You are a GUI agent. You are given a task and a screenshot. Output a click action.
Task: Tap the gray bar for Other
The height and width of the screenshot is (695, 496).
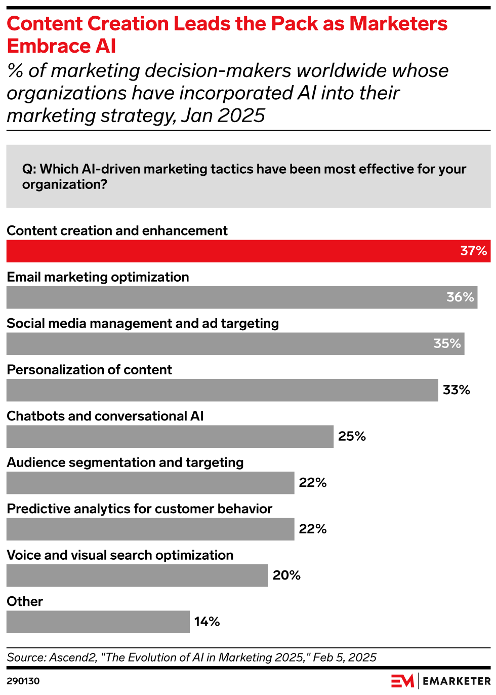(98, 622)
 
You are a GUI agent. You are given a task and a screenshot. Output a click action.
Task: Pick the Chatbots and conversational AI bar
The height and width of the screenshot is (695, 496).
(170, 436)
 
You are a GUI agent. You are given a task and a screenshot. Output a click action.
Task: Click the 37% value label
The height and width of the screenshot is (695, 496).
(473, 251)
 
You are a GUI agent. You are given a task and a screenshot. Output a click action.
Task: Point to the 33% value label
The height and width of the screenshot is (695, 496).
(456, 390)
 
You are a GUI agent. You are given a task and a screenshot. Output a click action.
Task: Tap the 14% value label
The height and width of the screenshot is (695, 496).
(207, 622)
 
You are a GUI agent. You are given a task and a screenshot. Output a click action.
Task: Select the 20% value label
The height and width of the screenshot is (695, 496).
(286, 575)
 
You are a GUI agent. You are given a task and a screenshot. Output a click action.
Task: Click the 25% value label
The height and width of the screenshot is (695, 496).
(352, 436)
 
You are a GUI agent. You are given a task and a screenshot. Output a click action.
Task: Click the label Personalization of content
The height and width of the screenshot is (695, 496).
(89, 370)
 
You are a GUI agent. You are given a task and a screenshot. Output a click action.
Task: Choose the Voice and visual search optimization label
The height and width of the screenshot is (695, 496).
(120, 555)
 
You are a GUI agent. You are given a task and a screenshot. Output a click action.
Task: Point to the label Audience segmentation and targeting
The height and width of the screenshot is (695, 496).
(125, 462)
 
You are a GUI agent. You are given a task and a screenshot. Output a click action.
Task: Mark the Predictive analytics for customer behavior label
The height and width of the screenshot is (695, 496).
(139, 509)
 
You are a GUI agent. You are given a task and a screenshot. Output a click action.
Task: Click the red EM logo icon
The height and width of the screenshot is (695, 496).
(402, 681)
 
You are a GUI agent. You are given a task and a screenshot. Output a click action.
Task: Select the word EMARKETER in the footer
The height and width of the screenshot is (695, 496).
(457, 681)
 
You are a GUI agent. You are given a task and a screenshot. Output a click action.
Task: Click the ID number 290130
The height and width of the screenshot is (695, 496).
(23, 681)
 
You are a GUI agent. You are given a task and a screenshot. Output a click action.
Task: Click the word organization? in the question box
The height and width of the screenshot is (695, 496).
(65, 184)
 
